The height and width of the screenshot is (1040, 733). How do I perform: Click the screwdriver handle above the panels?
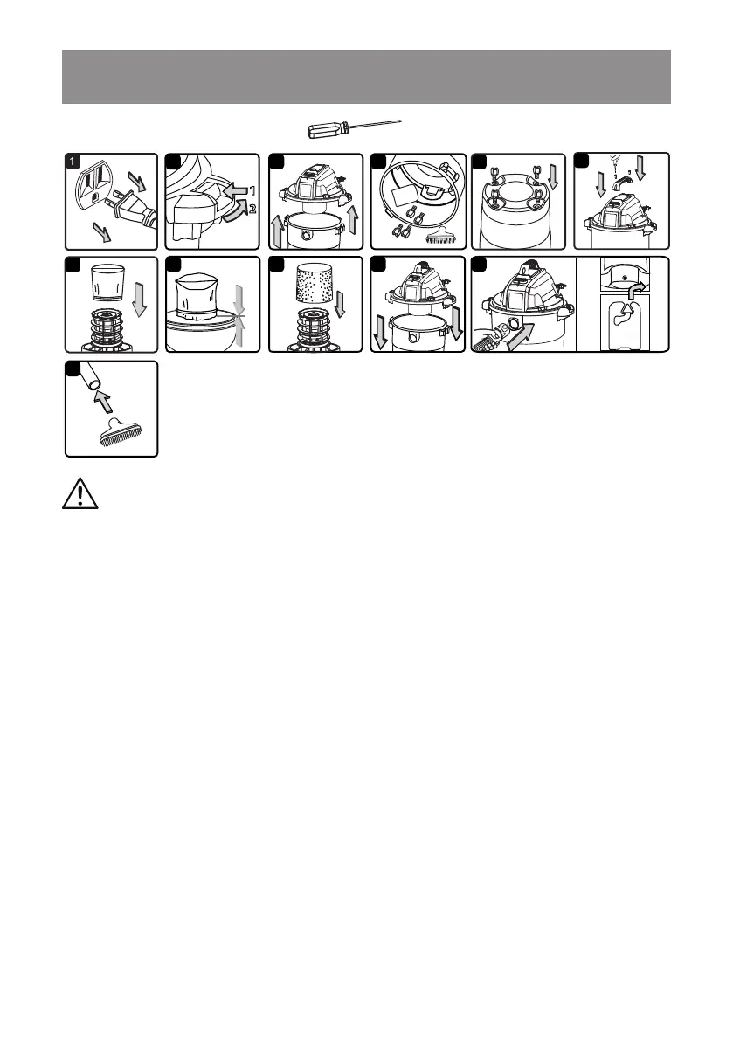click(x=326, y=131)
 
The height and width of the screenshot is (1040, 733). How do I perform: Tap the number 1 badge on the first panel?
click(x=74, y=162)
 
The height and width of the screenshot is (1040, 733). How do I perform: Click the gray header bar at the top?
click(x=366, y=77)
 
